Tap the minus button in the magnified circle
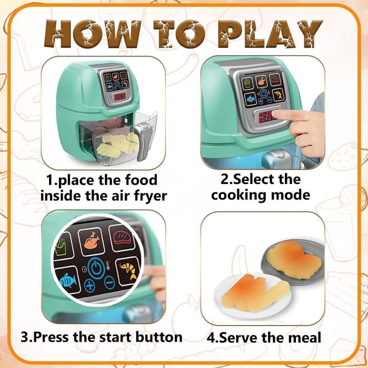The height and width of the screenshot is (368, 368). [109, 283]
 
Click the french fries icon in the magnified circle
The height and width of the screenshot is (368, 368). [61, 246]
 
